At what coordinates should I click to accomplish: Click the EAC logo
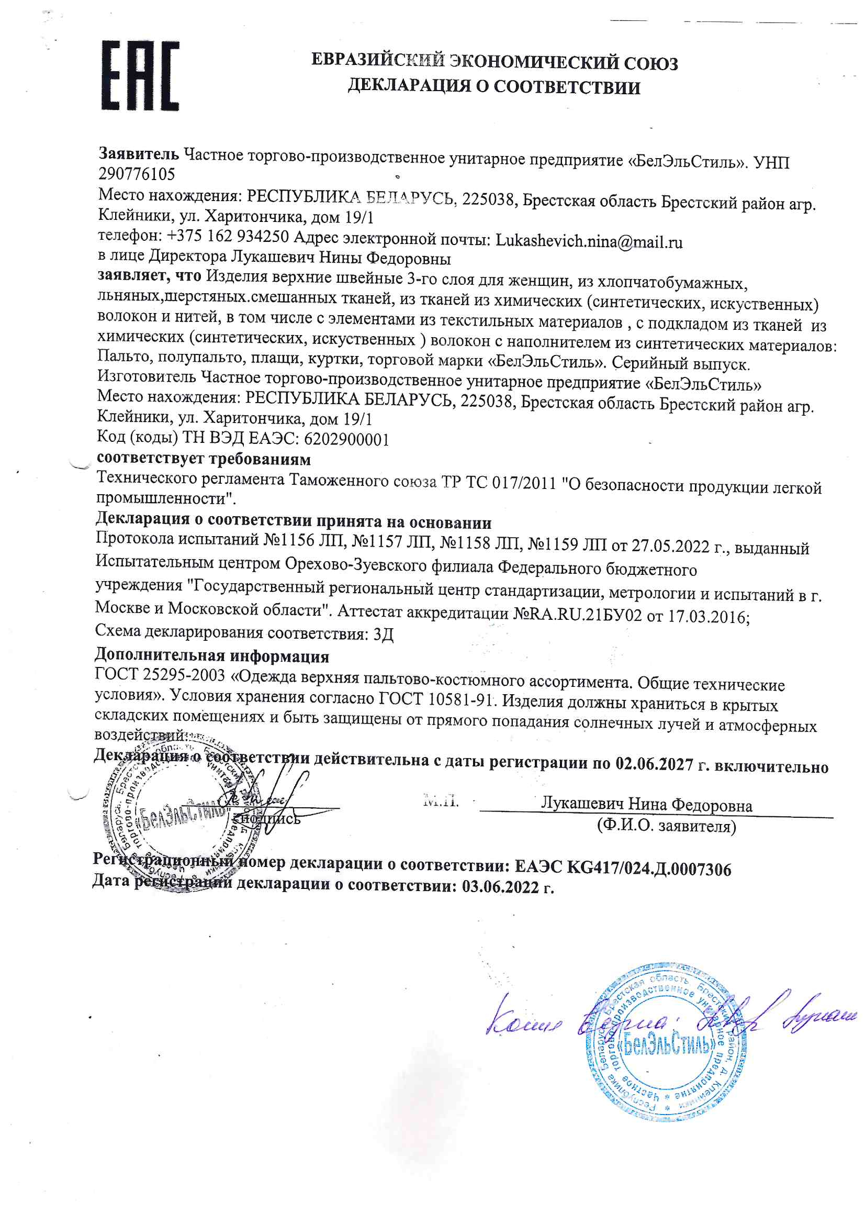140,76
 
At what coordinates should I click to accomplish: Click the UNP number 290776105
137,174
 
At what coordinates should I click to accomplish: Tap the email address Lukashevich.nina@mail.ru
589,241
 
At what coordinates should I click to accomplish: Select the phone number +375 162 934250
228,236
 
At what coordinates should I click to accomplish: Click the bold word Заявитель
139,154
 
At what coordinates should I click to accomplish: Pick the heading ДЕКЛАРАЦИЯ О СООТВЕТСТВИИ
494,86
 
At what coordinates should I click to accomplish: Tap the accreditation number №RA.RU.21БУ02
577,615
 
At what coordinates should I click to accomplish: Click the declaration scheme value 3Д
383,635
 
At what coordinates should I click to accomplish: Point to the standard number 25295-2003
184,675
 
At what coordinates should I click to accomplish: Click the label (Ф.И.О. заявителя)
666,826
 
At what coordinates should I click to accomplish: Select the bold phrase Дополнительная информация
211,655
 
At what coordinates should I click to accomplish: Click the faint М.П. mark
441,800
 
